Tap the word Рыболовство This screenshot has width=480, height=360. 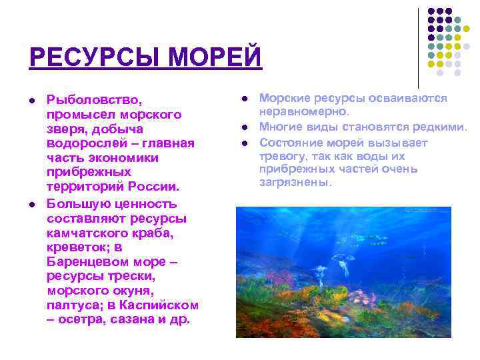[94, 100]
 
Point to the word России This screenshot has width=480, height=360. [153, 187]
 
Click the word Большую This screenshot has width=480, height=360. [78, 203]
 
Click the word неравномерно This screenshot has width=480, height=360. [304, 111]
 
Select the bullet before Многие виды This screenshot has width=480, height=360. [245, 127]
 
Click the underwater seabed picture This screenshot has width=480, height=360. [343, 272]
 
